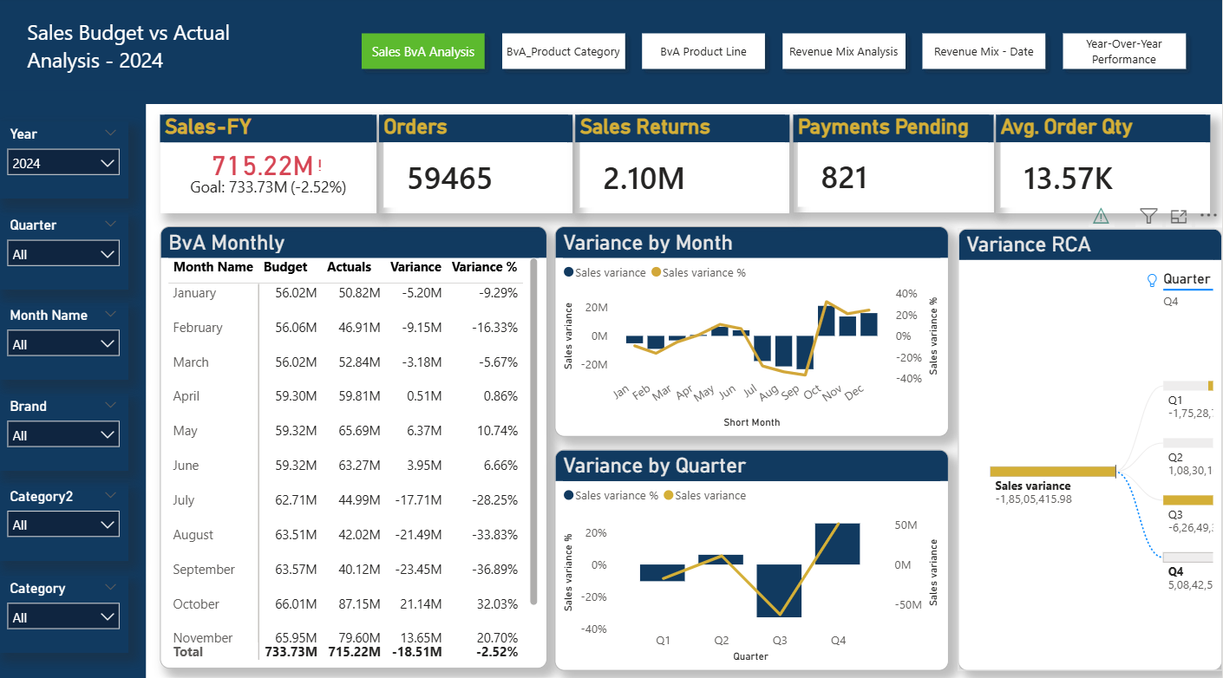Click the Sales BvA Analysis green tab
(x=422, y=52)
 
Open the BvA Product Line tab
(x=703, y=52)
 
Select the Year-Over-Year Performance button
(x=1123, y=52)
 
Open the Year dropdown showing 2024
(x=63, y=163)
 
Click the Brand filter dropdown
(x=63, y=435)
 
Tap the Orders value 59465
(x=449, y=179)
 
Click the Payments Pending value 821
(x=844, y=178)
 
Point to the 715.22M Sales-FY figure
(x=262, y=165)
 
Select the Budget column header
(x=285, y=267)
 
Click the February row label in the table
(x=198, y=328)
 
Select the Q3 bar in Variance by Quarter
(x=779, y=590)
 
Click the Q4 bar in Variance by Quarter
(x=837, y=544)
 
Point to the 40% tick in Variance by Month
(x=906, y=294)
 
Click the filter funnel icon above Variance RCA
(x=1148, y=216)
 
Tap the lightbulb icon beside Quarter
(x=1152, y=280)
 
